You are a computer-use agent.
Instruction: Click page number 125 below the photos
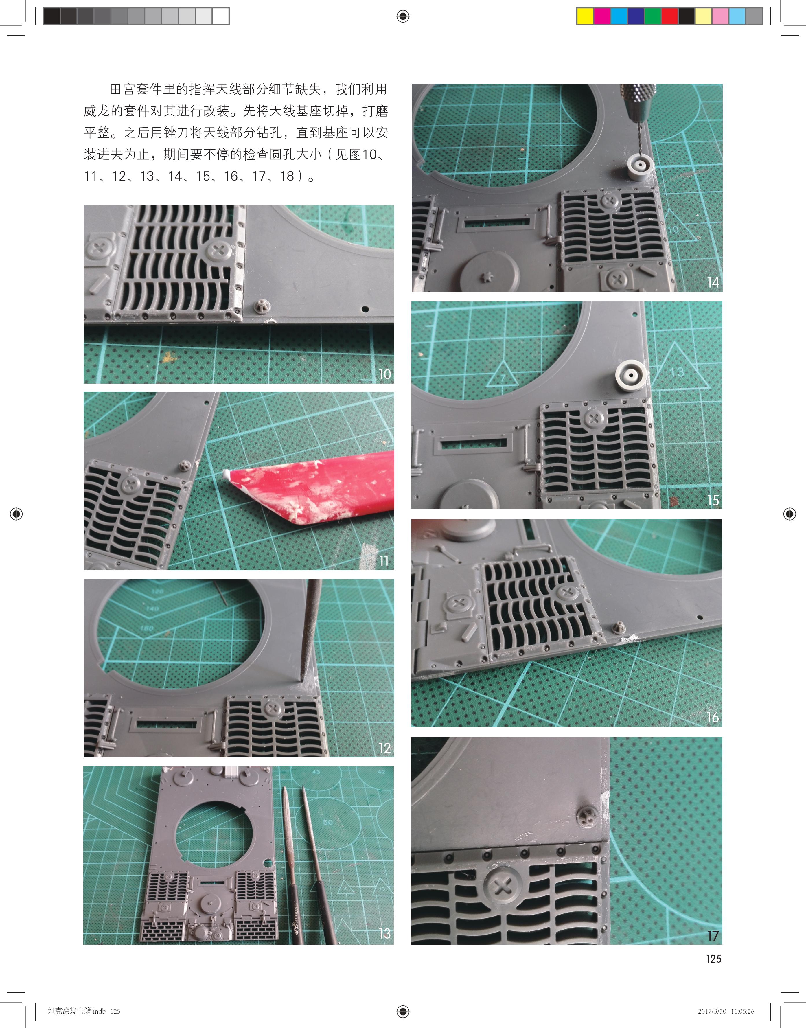[713, 959]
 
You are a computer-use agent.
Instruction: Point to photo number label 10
[384, 374]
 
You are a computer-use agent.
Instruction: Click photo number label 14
[713, 282]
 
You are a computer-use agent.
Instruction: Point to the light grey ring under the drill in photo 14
[640, 167]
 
